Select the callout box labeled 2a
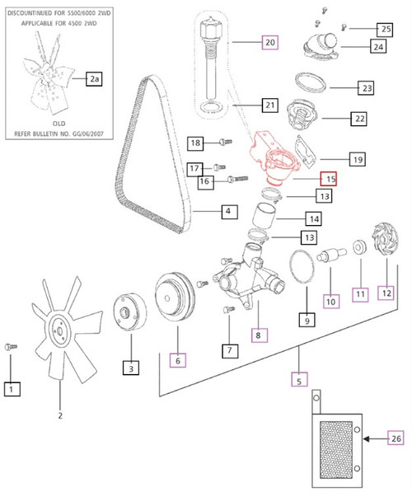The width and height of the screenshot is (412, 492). [95, 78]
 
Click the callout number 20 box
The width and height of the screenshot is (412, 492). [269, 41]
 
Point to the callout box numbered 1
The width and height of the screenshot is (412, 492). [11, 387]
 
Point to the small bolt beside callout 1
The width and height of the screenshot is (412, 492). [9, 347]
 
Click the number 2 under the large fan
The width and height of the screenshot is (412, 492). [59, 415]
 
